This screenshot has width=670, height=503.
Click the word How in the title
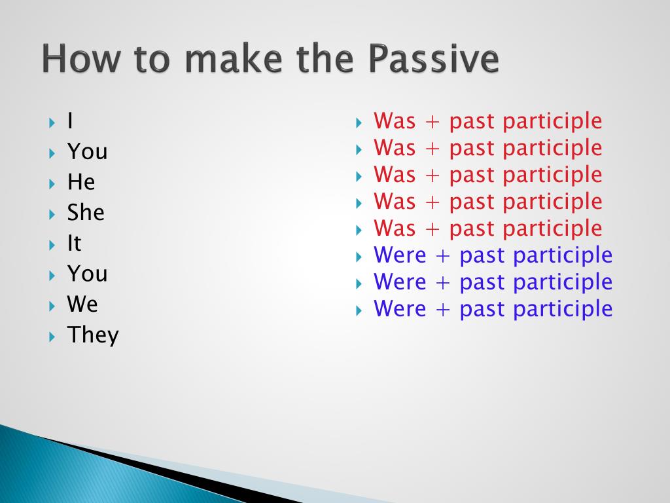coord(81,58)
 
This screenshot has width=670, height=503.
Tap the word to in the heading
coord(152,60)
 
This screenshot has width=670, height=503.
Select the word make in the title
coord(234,58)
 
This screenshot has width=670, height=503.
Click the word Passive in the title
coord(433,58)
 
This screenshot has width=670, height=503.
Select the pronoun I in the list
coord(70,121)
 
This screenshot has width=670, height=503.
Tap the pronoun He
coord(81,182)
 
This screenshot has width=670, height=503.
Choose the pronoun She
coord(86,212)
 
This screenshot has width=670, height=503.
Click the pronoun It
coord(75,243)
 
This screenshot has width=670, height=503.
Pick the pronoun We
coord(82,304)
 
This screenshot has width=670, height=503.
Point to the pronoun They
coord(93,335)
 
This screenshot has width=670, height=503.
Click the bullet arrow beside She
coord(52,214)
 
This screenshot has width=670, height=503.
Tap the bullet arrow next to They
coord(52,337)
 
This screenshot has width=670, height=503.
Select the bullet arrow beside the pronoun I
coord(52,122)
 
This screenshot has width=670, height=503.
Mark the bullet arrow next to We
coord(52,306)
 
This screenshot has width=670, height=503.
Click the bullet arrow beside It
coord(52,245)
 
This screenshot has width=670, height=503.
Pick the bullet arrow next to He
coord(52,184)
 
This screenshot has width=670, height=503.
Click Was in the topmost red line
coord(395,121)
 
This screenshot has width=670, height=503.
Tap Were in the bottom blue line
coord(400,309)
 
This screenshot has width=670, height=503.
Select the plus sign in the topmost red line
coord(432,122)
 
